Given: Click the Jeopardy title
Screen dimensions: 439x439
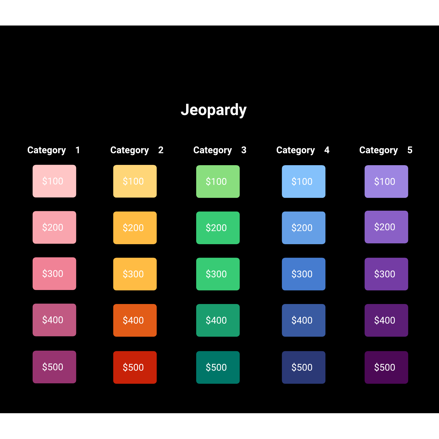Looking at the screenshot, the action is coord(214,110).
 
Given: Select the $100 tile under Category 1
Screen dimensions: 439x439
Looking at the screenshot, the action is coord(54,181).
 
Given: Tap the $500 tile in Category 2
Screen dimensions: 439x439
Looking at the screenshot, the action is coord(135,367).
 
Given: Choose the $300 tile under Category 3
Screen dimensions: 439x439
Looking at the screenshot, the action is coord(218,274).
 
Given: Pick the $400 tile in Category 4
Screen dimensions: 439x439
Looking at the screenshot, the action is coord(304,320).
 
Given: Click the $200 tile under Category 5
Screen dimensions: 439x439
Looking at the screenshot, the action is coord(386,227).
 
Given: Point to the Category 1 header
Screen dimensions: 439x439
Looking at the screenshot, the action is coord(54,150).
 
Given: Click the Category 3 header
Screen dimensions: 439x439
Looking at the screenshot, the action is coord(220,150).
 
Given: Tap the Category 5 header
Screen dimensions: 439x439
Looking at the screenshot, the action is coord(386,150).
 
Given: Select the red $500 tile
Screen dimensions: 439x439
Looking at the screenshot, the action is coord(135,367).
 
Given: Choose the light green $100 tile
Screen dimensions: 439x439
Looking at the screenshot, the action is coord(218,182).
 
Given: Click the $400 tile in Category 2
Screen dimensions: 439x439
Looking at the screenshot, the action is coord(135,320).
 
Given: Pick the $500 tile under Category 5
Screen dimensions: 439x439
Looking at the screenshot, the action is coord(386,367).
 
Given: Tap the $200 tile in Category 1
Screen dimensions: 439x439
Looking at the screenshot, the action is coord(54,227).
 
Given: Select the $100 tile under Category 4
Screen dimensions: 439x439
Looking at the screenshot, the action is coord(304,182).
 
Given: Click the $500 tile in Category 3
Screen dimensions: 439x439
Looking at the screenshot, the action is coord(218,367).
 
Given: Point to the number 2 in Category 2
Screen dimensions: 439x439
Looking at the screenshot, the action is coord(161,150).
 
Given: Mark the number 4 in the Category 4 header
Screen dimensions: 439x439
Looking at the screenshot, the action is coord(327,150).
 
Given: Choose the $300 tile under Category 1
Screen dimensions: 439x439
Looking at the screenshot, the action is coord(54,274).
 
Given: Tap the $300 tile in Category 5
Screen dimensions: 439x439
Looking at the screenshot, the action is coord(386,274).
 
